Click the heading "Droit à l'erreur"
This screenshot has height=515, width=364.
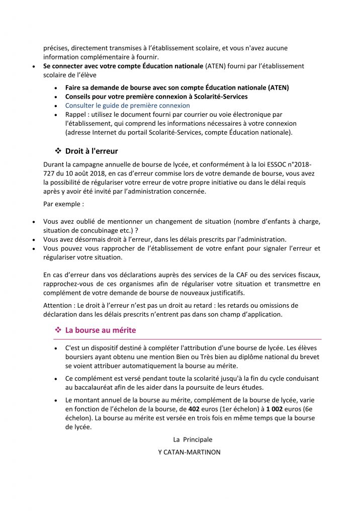[x=92, y=151]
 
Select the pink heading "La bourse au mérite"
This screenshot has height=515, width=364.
[x=101, y=330]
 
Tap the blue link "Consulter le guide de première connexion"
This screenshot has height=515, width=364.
[x=127, y=106]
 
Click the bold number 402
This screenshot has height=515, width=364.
[x=194, y=409]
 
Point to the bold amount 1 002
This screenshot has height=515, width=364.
[x=275, y=409]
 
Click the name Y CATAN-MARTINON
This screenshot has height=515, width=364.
[x=189, y=452]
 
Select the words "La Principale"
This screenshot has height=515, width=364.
[x=193, y=440]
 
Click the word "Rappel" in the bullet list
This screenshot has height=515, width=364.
[x=76, y=115]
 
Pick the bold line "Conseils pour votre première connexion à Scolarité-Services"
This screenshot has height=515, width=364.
[x=156, y=97]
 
